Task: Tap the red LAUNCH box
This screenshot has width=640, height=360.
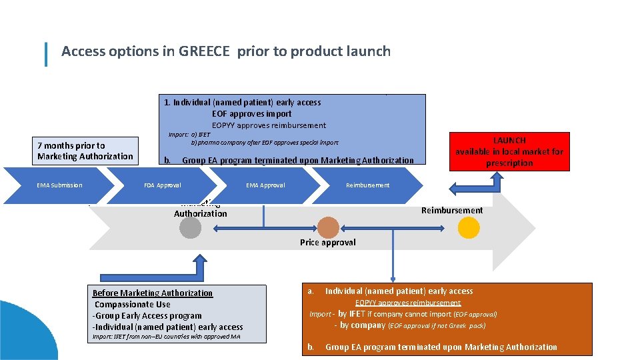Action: click(x=509, y=152)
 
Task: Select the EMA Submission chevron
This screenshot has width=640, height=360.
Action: click(x=60, y=185)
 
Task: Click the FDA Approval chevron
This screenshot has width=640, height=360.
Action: click(x=163, y=185)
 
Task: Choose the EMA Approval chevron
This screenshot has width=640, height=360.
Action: click(x=265, y=185)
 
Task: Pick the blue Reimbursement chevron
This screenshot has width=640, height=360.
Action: click(x=368, y=185)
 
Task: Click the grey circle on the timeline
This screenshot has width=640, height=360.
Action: click(x=190, y=228)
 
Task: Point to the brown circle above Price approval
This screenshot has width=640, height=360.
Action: click(x=328, y=227)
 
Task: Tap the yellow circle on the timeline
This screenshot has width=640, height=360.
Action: click(x=469, y=228)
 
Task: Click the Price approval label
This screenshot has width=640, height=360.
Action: click(x=327, y=243)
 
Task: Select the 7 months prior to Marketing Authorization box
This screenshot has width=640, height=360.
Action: click(x=86, y=151)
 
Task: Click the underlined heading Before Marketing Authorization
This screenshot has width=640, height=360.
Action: click(x=153, y=293)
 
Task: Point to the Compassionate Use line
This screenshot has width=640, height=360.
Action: click(x=133, y=305)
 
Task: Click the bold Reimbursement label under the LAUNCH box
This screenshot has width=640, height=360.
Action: click(x=452, y=211)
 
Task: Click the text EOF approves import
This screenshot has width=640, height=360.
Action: click(x=252, y=114)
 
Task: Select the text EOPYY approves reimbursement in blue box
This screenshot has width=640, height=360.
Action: click(x=269, y=125)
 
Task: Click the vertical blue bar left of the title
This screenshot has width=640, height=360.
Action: click(x=46, y=54)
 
